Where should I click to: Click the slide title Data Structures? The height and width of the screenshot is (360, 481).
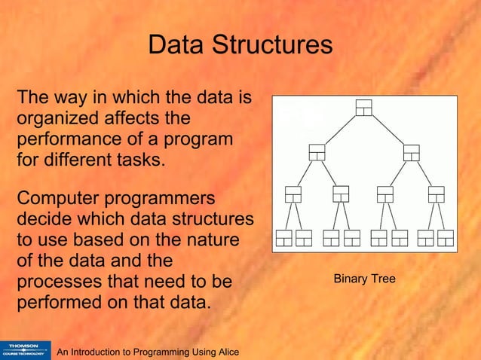pos(240,45)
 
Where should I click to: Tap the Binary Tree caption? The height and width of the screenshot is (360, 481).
pos(364,279)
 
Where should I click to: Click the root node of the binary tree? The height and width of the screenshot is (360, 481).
pos(364,108)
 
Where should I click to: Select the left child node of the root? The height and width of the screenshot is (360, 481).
pos(317,151)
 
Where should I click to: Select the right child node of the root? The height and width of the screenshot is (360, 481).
pos(412,151)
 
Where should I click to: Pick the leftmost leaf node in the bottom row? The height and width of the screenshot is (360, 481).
pos(283,238)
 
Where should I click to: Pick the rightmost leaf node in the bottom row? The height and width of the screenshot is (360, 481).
pos(446,238)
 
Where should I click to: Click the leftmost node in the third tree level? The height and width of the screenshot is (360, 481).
pos(293,194)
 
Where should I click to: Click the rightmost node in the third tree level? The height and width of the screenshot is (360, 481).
pos(437,194)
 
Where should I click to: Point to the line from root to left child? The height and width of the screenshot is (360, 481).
pos(340,130)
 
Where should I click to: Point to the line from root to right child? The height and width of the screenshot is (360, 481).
pos(388,130)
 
